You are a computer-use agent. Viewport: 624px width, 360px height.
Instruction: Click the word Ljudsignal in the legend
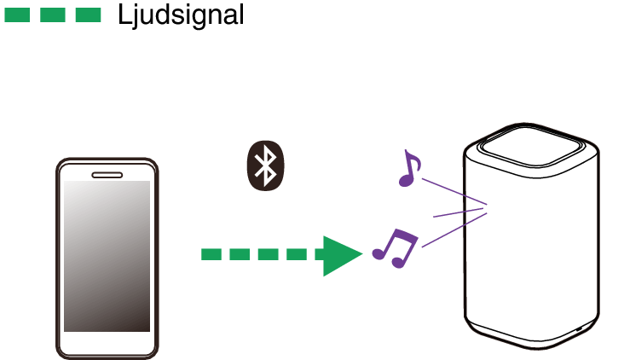click(x=181, y=15)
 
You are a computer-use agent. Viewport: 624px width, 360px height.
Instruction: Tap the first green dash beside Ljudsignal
click(x=18, y=15)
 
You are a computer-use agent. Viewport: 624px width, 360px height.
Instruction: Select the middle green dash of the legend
click(x=53, y=15)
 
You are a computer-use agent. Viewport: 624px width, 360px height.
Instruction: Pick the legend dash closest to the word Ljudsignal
click(x=88, y=15)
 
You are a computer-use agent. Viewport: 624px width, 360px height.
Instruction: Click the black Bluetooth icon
click(x=266, y=165)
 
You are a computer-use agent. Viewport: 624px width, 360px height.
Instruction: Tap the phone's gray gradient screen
click(x=107, y=256)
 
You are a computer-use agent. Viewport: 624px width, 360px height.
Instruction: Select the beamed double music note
click(x=395, y=248)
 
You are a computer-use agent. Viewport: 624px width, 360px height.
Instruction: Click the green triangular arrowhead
click(x=340, y=254)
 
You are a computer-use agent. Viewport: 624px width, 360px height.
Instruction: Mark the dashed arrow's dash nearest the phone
click(x=211, y=254)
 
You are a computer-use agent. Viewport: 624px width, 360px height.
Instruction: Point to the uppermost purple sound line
click(x=452, y=191)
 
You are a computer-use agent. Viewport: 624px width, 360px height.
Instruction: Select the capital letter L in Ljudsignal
click(x=126, y=15)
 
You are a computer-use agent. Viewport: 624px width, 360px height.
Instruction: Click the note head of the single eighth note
click(x=404, y=180)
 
